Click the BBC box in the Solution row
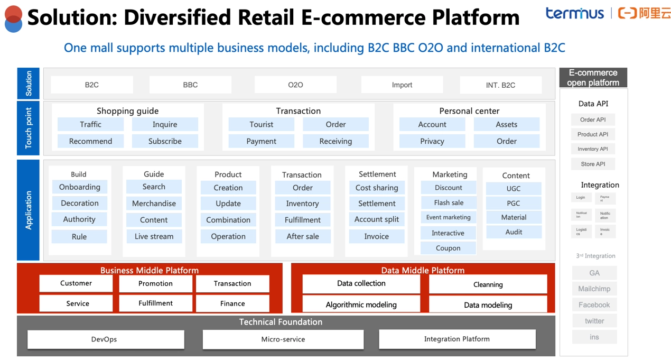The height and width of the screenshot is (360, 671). (190, 85)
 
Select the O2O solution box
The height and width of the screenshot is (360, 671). (295, 85)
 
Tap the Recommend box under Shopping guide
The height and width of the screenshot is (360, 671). (90, 141)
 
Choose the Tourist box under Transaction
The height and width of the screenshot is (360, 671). (262, 125)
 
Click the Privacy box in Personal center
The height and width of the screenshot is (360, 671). (432, 141)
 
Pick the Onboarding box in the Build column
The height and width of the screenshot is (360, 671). (79, 187)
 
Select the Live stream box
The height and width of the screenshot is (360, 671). (154, 236)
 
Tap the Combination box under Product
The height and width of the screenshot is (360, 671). (228, 220)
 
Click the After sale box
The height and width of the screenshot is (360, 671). (302, 236)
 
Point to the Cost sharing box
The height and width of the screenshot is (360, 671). (377, 188)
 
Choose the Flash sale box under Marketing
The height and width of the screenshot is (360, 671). (449, 202)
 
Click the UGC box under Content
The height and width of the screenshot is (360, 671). (514, 189)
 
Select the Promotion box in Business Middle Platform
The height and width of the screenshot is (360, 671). (155, 284)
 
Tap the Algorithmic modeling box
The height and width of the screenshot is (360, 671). (361, 304)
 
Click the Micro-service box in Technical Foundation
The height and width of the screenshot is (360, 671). (283, 339)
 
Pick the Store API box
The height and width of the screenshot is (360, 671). (593, 164)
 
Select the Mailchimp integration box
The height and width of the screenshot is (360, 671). (594, 289)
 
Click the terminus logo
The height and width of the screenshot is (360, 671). (575, 13)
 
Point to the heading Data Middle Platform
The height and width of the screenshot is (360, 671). (423, 270)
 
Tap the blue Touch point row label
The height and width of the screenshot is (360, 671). (29, 128)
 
